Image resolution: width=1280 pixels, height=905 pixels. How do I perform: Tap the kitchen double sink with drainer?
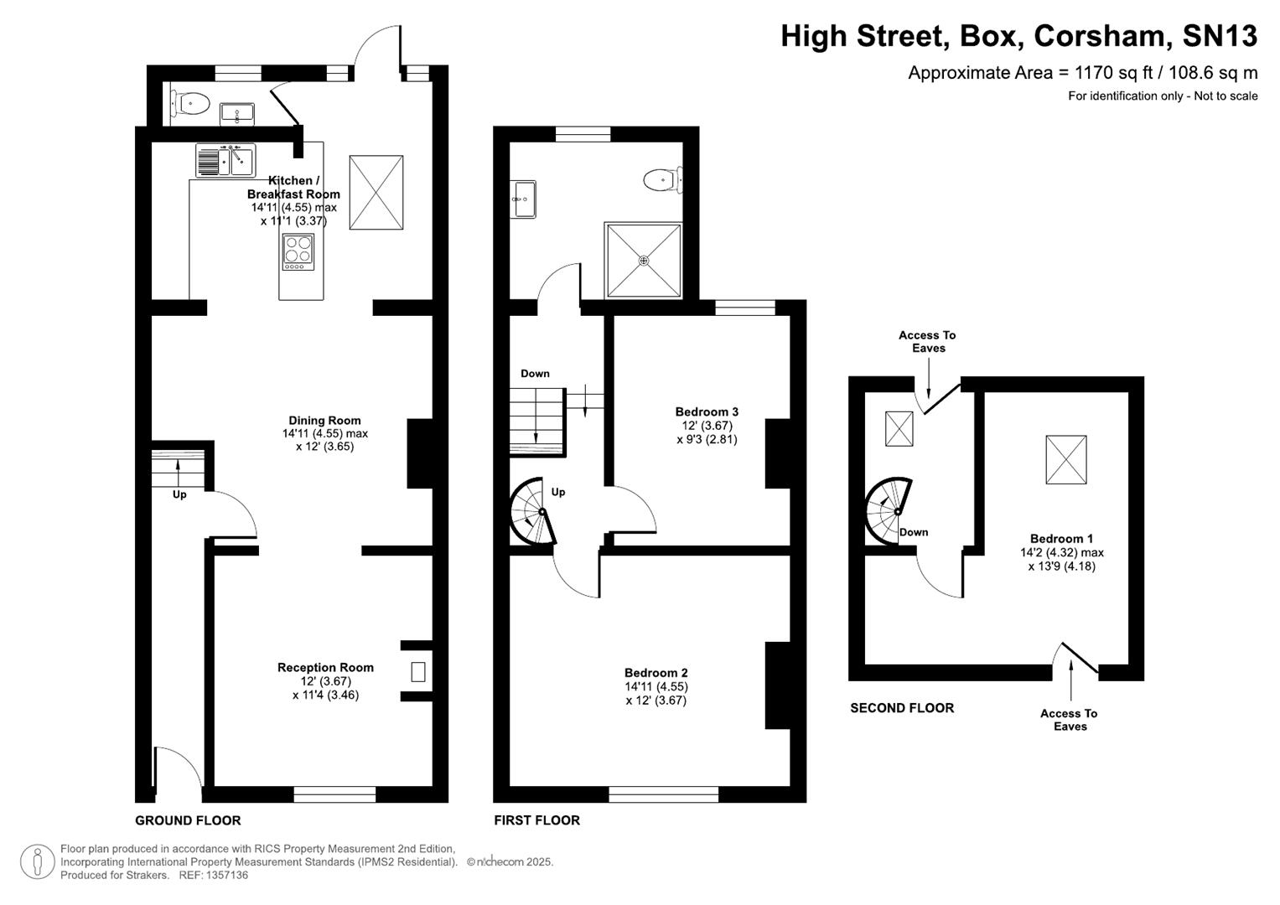(x=225, y=160)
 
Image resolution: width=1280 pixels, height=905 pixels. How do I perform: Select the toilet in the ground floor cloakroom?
(x=192, y=104)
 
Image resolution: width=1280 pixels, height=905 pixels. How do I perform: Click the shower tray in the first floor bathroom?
(x=644, y=260)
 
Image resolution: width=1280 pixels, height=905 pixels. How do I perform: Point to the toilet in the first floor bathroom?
(x=663, y=178)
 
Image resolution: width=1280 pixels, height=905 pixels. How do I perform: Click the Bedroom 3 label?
(x=707, y=411)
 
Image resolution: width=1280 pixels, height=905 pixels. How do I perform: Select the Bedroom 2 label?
(x=656, y=673)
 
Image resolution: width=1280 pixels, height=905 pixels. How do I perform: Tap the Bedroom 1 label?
(x=1061, y=539)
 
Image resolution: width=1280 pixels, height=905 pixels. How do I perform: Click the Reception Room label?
(x=325, y=668)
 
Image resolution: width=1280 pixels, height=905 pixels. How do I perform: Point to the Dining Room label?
(x=324, y=421)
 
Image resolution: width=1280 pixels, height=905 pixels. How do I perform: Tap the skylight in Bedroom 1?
(x=1065, y=459)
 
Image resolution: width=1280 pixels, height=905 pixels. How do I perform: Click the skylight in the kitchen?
(x=376, y=192)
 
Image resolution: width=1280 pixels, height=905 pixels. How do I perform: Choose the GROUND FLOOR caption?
(x=188, y=820)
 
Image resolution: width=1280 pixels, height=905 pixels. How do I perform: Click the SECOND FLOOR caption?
(x=902, y=708)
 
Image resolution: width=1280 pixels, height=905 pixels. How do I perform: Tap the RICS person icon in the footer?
(x=37, y=861)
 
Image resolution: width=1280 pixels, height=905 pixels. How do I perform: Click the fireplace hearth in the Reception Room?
(x=417, y=671)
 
